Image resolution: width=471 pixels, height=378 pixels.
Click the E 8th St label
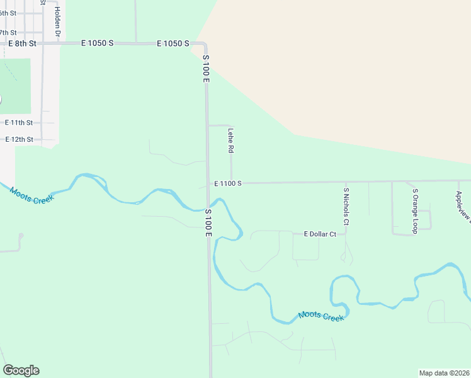pos(22,43)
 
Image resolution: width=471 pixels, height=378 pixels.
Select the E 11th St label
pos(19,122)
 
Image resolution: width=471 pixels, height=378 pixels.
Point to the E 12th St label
pos(19,139)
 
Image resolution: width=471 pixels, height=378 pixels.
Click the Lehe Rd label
pos(231,142)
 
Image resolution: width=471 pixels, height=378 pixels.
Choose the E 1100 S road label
pos(228,183)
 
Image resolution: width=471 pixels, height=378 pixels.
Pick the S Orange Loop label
pos(415,211)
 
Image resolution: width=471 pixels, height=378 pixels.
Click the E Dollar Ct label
pos(320,234)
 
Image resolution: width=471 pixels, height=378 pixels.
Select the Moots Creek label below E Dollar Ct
pos(321,316)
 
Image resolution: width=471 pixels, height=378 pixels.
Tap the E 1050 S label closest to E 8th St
pos(97,43)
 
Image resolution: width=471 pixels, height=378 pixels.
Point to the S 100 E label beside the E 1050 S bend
pos(205,67)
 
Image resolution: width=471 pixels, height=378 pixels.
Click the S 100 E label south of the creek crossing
pos(208,223)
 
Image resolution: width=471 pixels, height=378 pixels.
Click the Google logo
pos(21,370)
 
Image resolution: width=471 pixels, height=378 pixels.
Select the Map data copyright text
pos(444,373)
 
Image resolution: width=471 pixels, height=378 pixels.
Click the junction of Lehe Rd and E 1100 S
pos(231,183)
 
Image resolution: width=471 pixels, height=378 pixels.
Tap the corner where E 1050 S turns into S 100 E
pos(205,44)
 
